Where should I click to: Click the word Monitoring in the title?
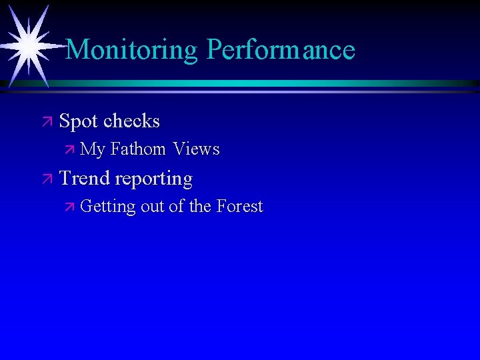coord(132,50)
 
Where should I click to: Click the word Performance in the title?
coord(281,50)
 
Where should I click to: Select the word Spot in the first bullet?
coord(79,121)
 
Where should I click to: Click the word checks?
coord(132,121)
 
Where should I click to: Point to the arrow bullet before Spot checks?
coord(46,122)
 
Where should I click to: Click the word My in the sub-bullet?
coord(93,150)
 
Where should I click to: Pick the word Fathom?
coord(138,150)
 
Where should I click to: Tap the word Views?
coord(196,150)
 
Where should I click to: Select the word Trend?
coord(85,179)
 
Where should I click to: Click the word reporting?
coord(153,179)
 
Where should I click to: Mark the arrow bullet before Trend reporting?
coord(46,179)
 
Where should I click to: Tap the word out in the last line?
coord(153,207)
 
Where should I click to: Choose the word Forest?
coord(239,207)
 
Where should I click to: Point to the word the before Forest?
coord(200,207)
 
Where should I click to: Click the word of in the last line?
coord(177,207)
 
